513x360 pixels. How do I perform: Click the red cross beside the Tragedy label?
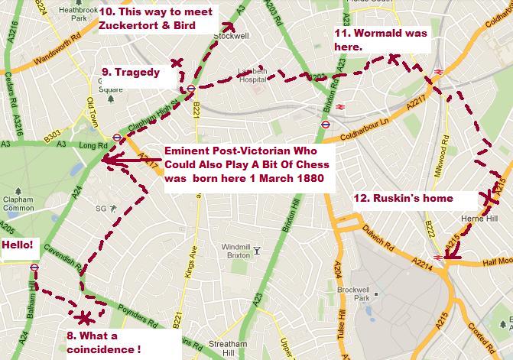click(177, 63)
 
